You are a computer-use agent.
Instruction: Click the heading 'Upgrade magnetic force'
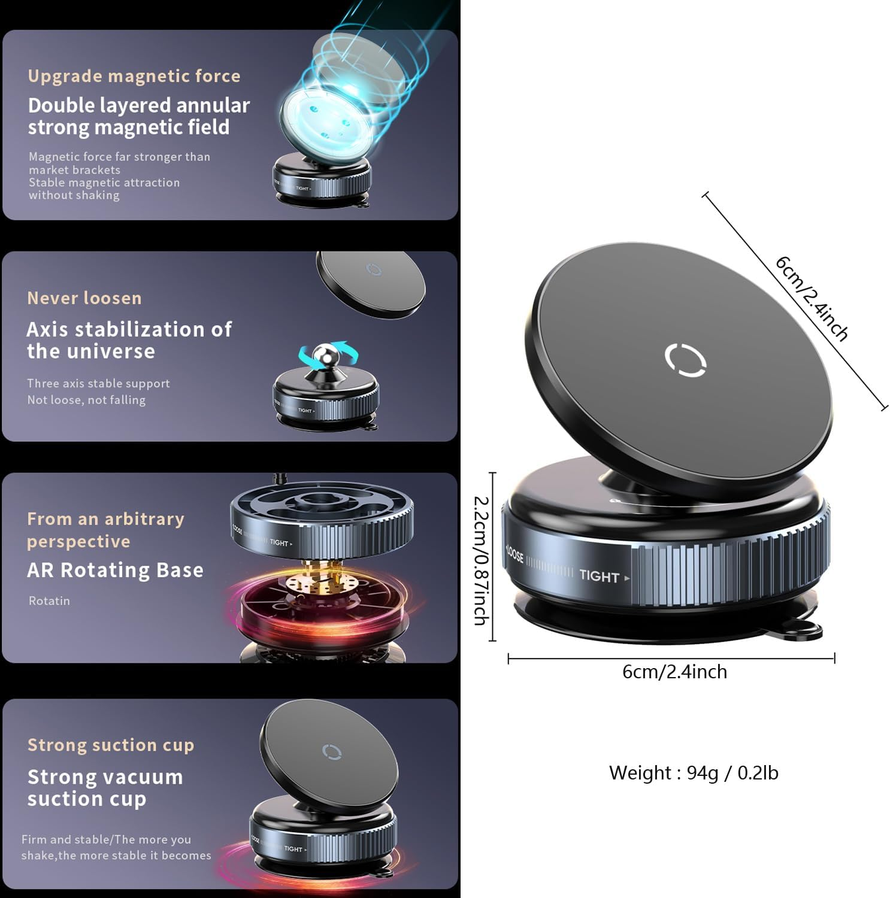(134, 76)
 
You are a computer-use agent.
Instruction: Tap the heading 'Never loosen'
(84, 298)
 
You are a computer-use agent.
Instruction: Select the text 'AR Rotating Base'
(115, 570)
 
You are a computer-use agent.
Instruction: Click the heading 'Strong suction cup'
(111, 745)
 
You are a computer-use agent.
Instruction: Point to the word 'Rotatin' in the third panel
(49, 600)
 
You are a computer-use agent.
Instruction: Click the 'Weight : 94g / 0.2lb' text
(694, 773)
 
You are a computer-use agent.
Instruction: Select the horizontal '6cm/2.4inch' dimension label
(674, 672)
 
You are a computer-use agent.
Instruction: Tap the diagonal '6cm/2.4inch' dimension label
(812, 298)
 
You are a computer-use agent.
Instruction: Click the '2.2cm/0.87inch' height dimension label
(482, 560)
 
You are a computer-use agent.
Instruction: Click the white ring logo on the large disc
(685, 360)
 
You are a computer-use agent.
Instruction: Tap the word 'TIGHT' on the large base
(599, 576)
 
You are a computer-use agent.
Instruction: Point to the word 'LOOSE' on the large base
(515, 554)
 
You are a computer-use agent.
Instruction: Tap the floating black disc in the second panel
(371, 281)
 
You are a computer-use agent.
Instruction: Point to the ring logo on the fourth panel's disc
(331, 751)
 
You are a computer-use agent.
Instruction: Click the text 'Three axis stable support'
(98, 383)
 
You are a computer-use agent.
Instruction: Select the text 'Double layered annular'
(138, 105)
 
